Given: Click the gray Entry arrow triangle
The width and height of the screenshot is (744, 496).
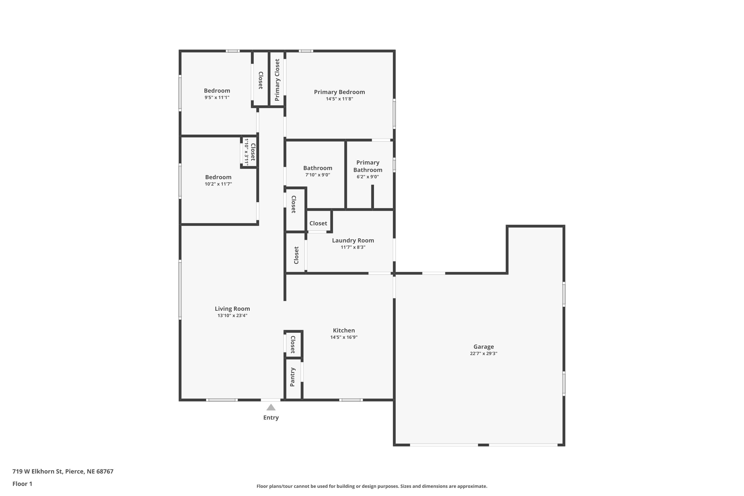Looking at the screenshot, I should click(271, 407).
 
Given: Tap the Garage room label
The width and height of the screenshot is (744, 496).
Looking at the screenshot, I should click(483, 347).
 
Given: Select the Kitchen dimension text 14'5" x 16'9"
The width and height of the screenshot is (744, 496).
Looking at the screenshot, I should click(344, 337).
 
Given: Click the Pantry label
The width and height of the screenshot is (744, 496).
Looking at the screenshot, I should click(293, 377).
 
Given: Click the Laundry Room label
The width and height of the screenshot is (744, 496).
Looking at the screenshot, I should click(353, 240).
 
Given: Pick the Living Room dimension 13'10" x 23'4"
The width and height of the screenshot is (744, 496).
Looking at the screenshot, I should click(232, 315).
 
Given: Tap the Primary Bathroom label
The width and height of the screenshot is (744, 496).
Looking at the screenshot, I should click(368, 166).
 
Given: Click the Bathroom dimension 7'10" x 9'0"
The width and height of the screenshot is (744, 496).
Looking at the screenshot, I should click(318, 175).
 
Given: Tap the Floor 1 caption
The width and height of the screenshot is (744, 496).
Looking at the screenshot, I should click(22, 484).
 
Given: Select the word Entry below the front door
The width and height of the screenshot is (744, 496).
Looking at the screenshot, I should click(271, 418).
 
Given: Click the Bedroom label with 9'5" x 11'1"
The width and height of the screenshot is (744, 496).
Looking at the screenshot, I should click(217, 91).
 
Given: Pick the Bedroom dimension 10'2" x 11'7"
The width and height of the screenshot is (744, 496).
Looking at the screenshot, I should click(218, 184).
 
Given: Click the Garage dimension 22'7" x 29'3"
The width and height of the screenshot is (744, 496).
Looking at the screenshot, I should click(483, 354).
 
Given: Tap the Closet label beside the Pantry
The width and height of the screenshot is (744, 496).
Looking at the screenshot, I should click(293, 344).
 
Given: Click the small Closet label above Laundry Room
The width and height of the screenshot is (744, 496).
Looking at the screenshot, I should click(318, 223).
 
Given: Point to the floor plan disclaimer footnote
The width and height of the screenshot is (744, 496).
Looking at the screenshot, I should click(372, 486).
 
